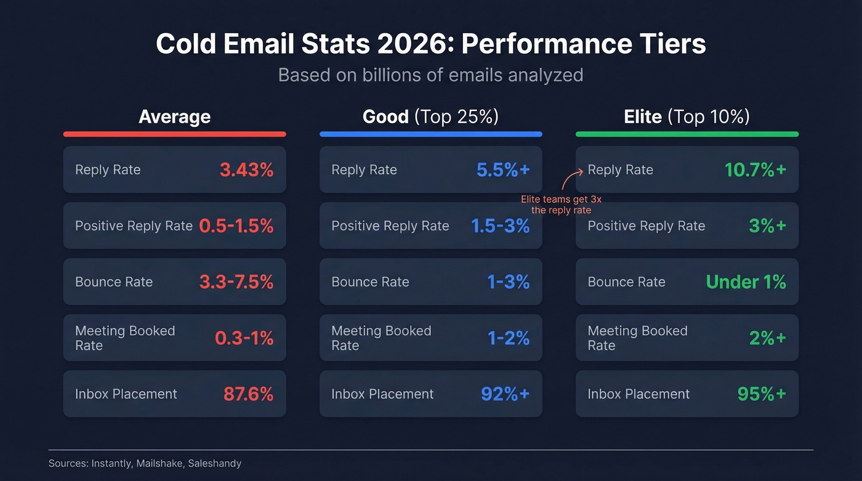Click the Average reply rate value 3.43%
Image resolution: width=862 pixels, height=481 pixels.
[246, 170]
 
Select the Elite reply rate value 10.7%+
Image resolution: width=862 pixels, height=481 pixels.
[755, 170]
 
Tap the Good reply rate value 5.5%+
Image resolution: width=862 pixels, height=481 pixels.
[502, 170]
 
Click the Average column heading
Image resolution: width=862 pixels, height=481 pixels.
[174, 116]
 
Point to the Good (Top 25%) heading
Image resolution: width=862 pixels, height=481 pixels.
[430, 116]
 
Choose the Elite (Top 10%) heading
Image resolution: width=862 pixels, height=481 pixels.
[687, 116]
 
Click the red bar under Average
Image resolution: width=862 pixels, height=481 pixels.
[174, 134]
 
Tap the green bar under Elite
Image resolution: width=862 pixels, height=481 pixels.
[687, 134]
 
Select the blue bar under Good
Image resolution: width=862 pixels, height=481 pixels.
[430, 134]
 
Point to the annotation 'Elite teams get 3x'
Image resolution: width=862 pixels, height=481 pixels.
[561, 200]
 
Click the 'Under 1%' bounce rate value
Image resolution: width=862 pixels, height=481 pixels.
[746, 282]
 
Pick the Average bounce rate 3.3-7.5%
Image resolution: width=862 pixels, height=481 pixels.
[236, 282]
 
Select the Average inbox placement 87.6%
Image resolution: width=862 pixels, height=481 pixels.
[248, 394]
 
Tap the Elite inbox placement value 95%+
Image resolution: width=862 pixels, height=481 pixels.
[761, 394]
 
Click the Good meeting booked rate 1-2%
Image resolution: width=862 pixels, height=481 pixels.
[508, 338]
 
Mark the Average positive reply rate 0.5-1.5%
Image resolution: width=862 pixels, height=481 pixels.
[236, 226]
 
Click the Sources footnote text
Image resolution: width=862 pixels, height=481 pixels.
[145, 463]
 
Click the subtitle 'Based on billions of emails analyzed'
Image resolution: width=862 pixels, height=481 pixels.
[430, 75]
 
